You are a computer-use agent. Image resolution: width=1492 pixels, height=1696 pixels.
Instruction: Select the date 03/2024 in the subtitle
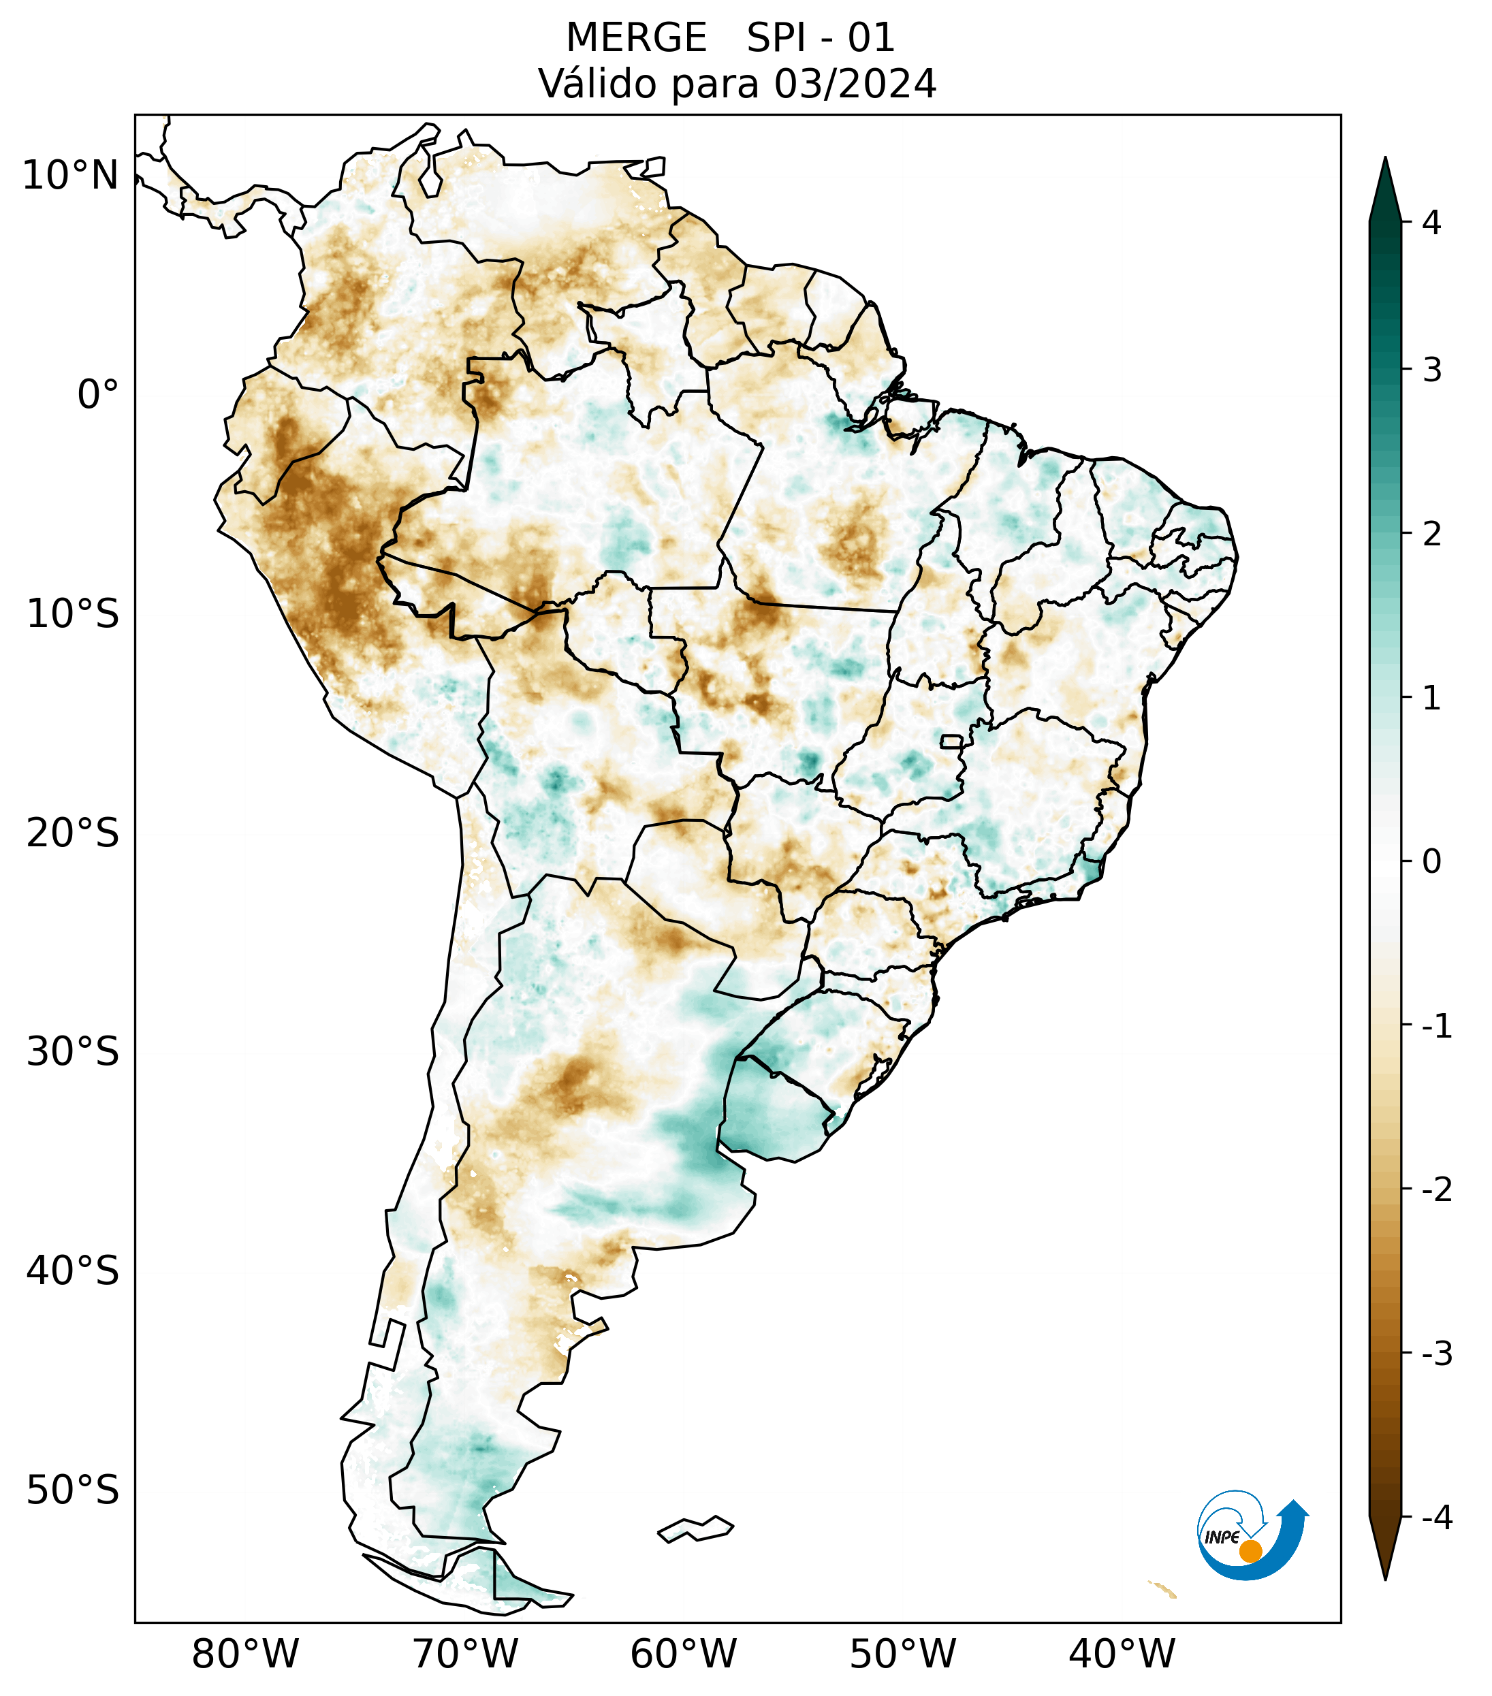point(855,84)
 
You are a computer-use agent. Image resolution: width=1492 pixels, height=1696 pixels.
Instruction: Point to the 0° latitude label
point(98,395)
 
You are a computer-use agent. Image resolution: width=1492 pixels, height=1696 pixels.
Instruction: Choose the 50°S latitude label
point(73,1490)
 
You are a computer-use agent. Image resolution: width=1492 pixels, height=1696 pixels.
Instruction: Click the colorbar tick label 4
point(1431,223)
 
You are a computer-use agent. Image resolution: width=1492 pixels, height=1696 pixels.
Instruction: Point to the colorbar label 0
point(1431,862)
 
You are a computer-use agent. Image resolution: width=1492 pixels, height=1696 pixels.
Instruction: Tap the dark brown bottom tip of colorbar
point(1385,1552)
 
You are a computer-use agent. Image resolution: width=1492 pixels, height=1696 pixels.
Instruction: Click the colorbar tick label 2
point(1431,534)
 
